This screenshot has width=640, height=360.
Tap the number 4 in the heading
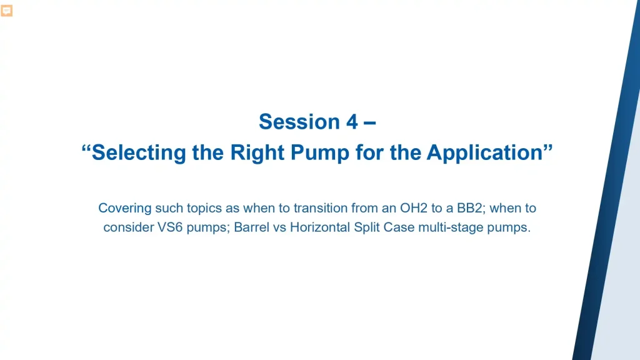coord(351,121)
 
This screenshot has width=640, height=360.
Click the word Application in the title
coord(483,152)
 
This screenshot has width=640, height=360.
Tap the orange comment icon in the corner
coord(6,11)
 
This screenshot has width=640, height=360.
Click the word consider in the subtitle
coord(126,227)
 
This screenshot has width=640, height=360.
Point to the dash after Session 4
coord(369,122)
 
